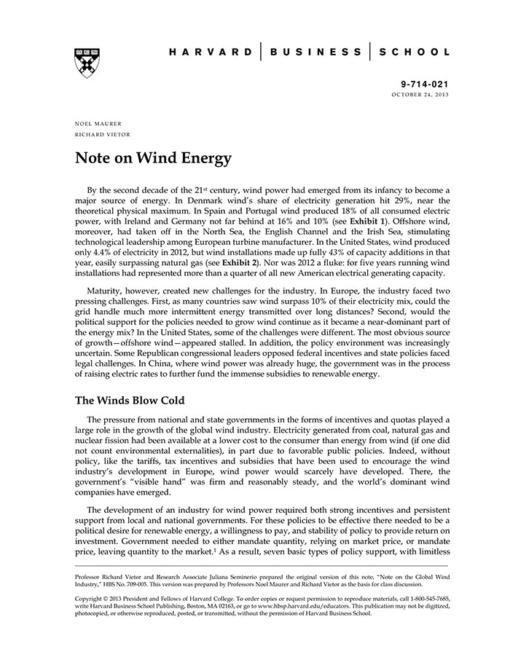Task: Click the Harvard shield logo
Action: tap(87, 63)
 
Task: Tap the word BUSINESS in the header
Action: tap(315, 52)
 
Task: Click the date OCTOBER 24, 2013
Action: tap(421, 95)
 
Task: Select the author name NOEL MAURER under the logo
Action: tap(98, 124)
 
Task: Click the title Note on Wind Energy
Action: tap(153, 158)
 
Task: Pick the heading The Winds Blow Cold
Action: tap(130, 401)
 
